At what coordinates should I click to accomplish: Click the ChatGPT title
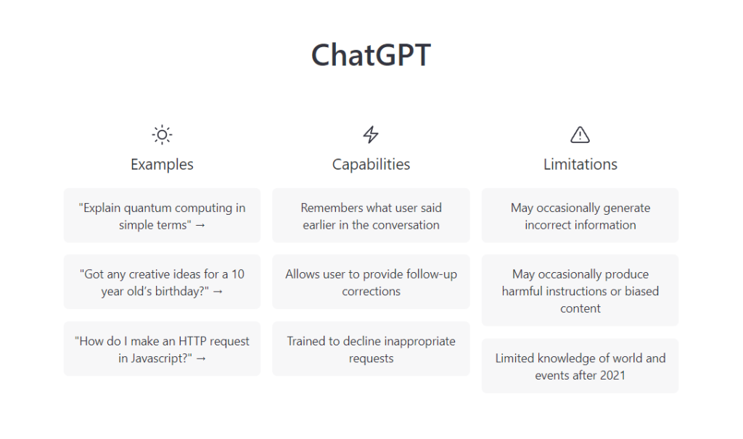click(x=371, y=54)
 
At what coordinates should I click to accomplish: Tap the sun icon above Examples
click(x=162, y=135)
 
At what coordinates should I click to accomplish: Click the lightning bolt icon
click(x=371, y=135)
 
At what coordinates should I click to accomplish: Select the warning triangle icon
click(x=580, y=135)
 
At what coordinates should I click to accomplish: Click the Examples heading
click(x=162, y=164)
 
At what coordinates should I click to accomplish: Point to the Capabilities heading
click(x=371, y=164)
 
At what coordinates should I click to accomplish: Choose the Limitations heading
click(x=580, y=164)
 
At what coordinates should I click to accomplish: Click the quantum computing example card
click(x=162, y=216)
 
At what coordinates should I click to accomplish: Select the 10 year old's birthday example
click(x=162, y=282)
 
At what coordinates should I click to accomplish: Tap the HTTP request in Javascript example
click(x=162, y=349)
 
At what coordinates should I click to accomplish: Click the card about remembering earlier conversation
click(x=371, y=216)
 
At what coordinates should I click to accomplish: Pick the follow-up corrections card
click(x=371, y=282)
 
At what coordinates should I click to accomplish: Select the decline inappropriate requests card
click(x=371, y=349)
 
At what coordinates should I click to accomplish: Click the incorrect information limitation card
click(x=580, y=216)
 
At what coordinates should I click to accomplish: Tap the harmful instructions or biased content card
click(x=580, y=291)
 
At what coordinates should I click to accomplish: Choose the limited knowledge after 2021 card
click(x=580, y=366)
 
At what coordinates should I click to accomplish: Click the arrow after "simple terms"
click(x=200, y=226)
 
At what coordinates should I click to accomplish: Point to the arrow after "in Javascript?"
click(x=201, y=359)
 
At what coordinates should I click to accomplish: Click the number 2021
click(x=612, y=375)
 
